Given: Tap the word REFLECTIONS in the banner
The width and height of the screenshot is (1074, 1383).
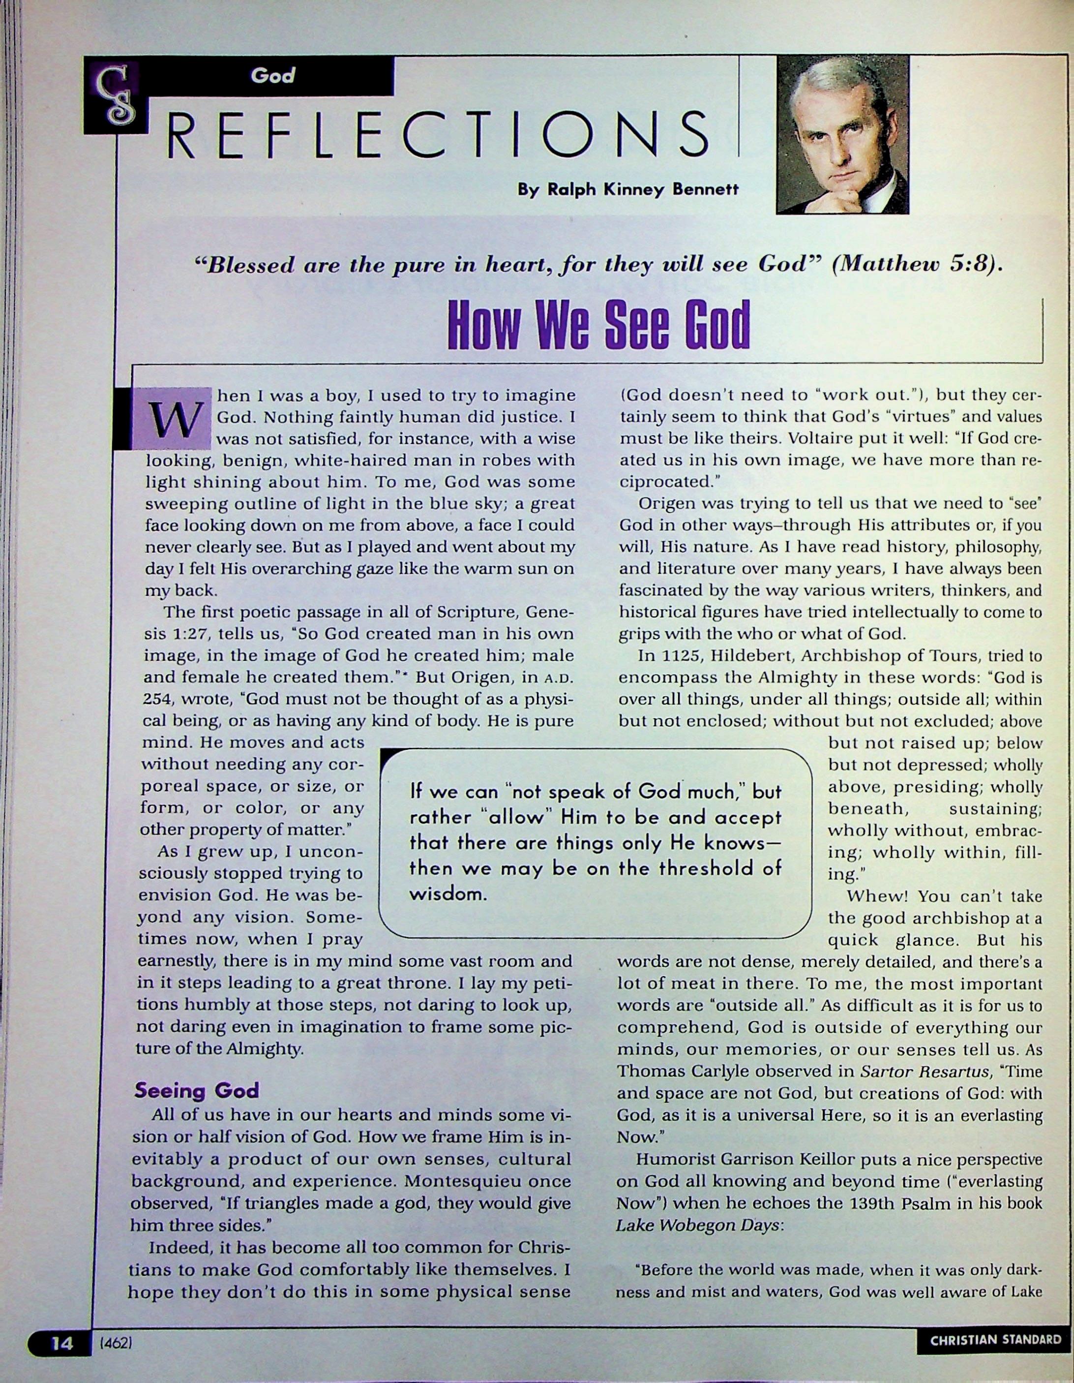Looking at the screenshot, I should pyautogui.click(x=437, y=134).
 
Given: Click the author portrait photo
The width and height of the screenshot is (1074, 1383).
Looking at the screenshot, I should pyautogui.click(x=842, y=134).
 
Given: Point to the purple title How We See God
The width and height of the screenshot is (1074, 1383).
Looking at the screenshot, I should pyautogui.click(x=598, y=324).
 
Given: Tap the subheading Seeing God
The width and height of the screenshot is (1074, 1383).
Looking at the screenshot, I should pyautogui.click(x=197, y=1090).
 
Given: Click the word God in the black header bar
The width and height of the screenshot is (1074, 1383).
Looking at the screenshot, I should pyautogui.click(x=273, y=76).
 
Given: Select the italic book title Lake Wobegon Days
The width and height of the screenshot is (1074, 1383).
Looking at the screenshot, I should pyautogui.click(x=697, y=1226).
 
